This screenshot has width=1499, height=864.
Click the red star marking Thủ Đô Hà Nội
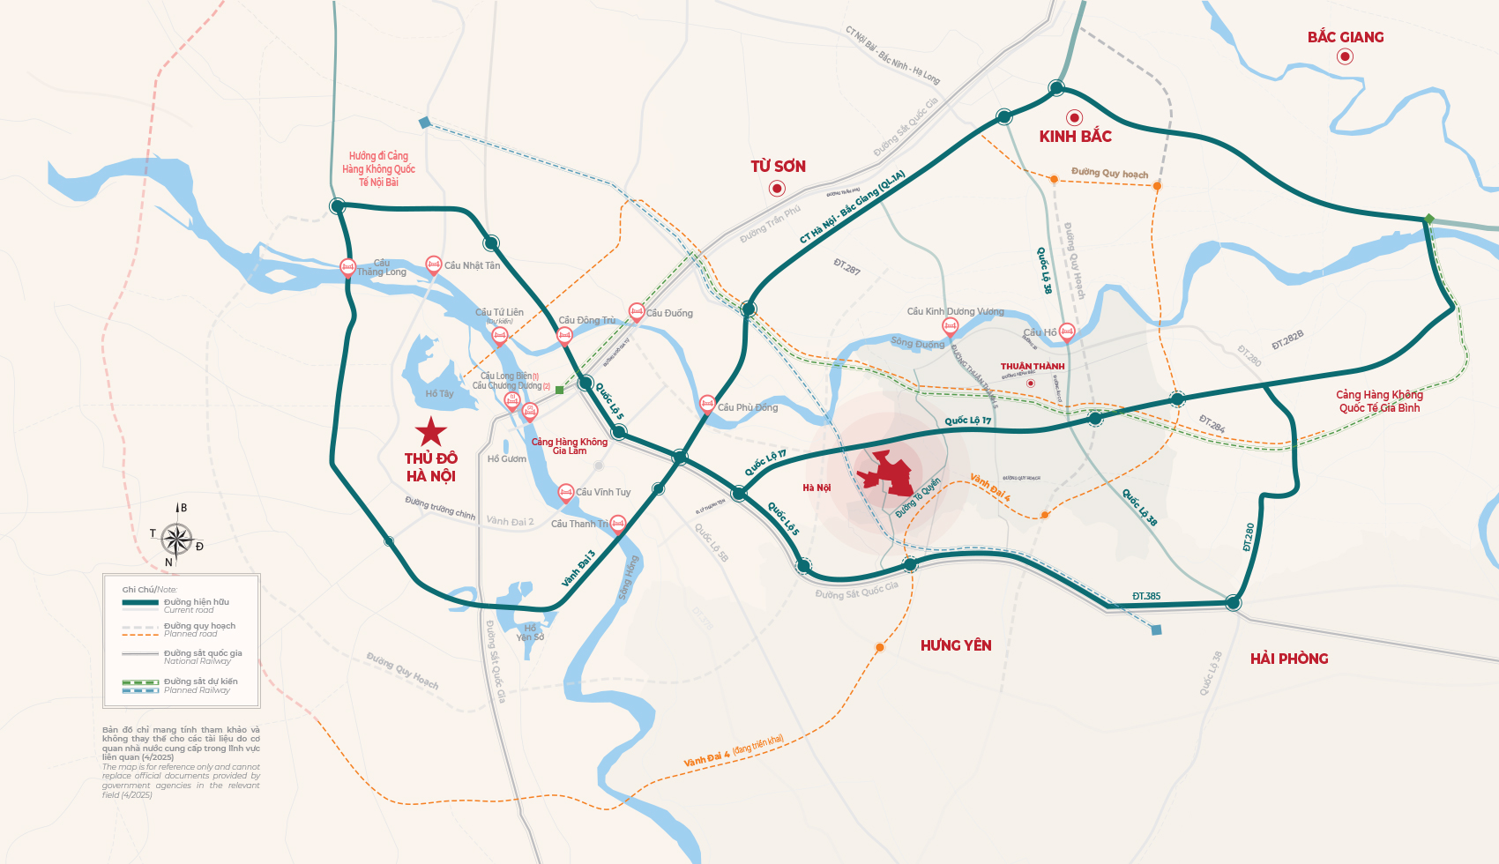click(431, 432)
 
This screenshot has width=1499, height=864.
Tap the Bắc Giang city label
click(1345, 37)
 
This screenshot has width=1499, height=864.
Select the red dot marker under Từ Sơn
click(777, 188)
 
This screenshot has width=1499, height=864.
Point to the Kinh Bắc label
click(1075, 137)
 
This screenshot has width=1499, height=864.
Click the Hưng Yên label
click(956, 645)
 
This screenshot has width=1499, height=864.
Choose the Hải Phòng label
click(1289, 659)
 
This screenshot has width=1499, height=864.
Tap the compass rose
click(176, 538)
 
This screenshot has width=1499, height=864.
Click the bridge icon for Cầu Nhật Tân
click(433, 264)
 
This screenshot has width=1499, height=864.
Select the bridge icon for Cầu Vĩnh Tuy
click(566, 492)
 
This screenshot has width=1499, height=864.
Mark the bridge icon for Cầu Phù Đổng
click(706, 404)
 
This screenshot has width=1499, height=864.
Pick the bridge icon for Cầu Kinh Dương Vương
click(950, 326)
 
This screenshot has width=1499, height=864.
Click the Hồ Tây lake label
click(439, 394)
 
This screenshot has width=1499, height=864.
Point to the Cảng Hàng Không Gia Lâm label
click(569, 446)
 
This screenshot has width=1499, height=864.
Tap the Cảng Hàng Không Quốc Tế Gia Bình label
click(1379, 401)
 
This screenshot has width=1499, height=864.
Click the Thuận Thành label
click(1033, 366)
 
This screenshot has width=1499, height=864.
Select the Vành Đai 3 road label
click(578, 569)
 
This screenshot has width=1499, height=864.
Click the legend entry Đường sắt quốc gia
click(202, 653)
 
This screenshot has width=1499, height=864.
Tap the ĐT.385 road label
click(1146, 596)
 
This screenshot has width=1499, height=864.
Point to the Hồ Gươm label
click(507, 458)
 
